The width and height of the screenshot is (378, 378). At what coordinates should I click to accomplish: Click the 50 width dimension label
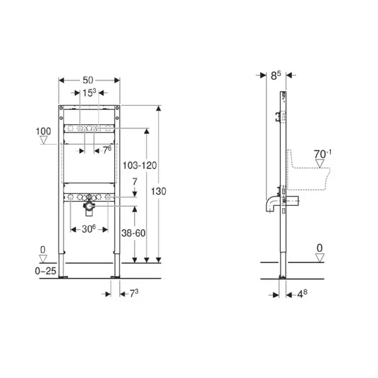[x=88, y=80]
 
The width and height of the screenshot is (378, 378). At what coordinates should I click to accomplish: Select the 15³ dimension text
[x=89, y=92]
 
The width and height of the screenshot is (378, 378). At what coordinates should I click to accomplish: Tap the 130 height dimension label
[x=159, y=191]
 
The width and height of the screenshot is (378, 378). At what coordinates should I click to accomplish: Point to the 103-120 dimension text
[x=140, y=165]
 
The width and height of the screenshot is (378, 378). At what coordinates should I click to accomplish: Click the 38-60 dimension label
[x=133, y=233]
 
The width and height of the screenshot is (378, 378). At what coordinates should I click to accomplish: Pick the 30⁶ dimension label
[x=89, y=228]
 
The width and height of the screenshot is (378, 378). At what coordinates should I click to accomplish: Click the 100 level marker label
[x=44, y=131]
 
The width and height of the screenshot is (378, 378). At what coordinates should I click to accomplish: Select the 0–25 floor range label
[x=46, y=271]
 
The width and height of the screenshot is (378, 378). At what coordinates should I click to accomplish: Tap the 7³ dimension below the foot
[x=134, y=293]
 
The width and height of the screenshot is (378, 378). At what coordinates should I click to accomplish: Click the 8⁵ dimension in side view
[x=276, y=75]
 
